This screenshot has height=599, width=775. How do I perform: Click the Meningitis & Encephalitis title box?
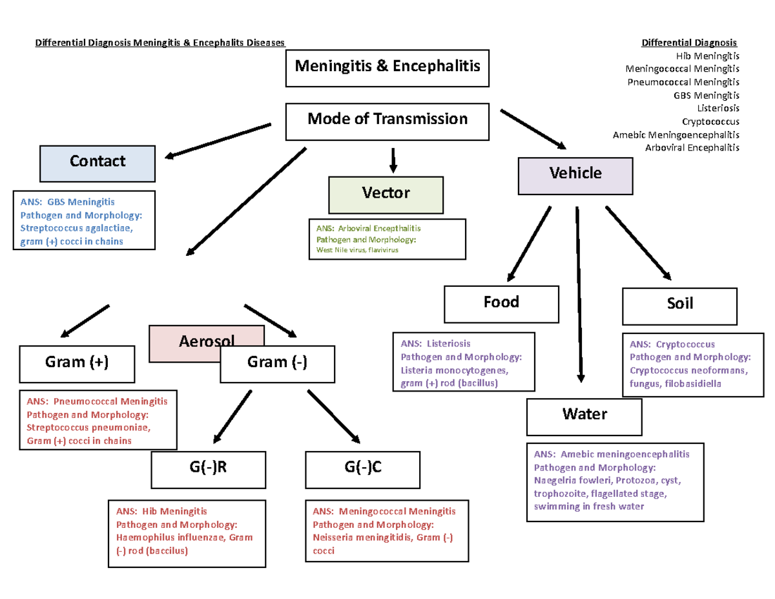[387, 67]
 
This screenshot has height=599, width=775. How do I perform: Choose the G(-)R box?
[209, 468]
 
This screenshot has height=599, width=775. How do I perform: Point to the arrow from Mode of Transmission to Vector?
[393, 160]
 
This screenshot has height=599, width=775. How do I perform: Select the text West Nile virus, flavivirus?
[358, 250]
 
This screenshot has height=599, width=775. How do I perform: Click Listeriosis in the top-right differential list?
[718, 108]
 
